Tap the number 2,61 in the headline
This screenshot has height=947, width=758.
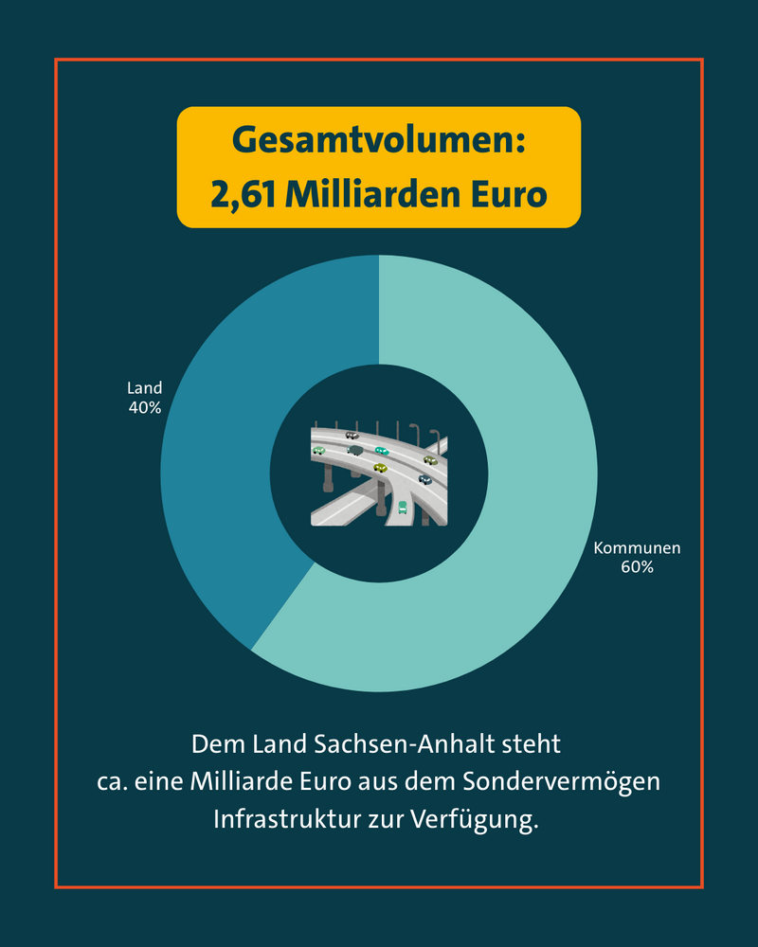coord(242,194)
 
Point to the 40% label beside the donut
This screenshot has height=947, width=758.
coord(145,408)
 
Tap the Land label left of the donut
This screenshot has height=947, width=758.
coord(145,388)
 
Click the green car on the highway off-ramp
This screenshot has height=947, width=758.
coord(403,507)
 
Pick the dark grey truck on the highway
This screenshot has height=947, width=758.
coord(355,450)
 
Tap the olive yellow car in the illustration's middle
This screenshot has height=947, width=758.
coord(381,467)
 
